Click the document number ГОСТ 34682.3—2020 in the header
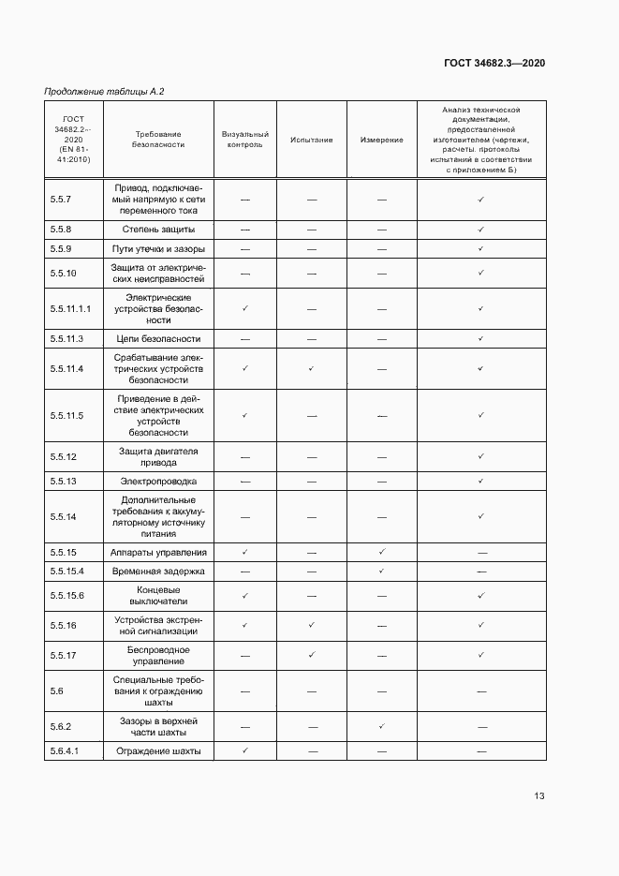[x=494, y=63]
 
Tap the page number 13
[x=539, y=796]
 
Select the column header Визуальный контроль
[x=245, y=140]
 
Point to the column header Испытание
[x=312, y=140]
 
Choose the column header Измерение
[x=381, y=140]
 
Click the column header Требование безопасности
[x=158, y=140]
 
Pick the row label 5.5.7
[x=61, y=200]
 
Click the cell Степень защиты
[x=158, y=230]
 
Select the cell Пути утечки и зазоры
[x=158, y=249]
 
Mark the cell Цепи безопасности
[x=158, y=339]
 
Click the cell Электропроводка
[x=158, y=481]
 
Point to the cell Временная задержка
[x=158, y=571]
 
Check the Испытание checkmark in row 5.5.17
[x=312, y=655]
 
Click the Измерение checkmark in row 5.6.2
[x=381, y=726]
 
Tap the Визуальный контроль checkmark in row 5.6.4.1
[x=245, y=750]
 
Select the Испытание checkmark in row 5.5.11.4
[x=312, y=368]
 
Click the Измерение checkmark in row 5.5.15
[x=381, y=552]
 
